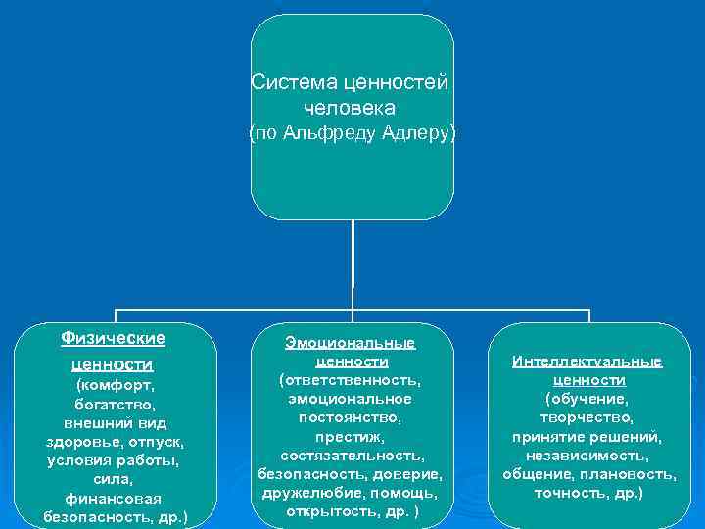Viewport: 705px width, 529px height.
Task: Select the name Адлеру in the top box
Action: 416,132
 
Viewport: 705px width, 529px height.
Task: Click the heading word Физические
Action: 113,338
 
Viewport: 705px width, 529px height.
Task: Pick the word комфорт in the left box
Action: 116,385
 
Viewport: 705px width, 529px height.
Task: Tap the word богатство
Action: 115,404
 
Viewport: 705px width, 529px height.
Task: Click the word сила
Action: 115,479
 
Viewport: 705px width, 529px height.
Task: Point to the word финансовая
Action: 115,498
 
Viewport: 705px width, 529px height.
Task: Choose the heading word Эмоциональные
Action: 351,343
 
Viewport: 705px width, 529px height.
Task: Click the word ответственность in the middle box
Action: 351,380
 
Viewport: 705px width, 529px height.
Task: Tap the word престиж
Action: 351,436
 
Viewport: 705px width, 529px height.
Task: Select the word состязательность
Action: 351,455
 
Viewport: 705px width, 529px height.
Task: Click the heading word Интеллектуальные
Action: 587,361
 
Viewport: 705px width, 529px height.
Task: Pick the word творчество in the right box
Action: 587,417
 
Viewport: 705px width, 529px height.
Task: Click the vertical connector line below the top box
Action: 352,264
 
